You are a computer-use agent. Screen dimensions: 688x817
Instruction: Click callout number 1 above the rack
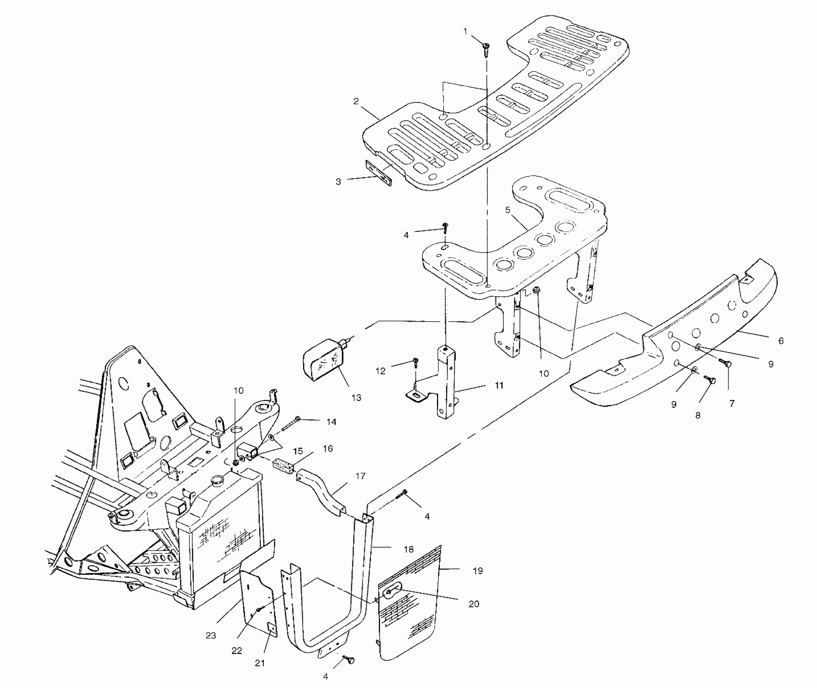click(x=465, y=31)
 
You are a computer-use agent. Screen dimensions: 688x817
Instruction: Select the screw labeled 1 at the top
click(x=486, y=50)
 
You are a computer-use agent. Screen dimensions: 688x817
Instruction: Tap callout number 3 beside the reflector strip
click(x=338, y=182)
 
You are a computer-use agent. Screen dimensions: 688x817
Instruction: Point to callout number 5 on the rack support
click(x=507, y=210)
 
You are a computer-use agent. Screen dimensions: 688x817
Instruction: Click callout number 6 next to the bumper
click(x=781, y=341)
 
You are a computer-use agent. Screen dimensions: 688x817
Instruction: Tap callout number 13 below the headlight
click(x=356, y=398)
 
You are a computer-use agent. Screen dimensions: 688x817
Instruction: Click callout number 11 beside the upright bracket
click(x=499, y=385)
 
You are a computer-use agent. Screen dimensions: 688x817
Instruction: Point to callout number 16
click(x=328, y=448)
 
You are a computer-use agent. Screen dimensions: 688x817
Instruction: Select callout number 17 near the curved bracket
click(x=360, y=476)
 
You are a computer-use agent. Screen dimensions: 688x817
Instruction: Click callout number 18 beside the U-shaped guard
click(x=409, y=549)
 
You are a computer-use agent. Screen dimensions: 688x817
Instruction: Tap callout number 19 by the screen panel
click(x=478, y=571)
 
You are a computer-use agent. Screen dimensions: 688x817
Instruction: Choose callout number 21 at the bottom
click(x=260, y=663)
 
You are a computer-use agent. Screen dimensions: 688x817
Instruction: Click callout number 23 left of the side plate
click(x=211, y=636)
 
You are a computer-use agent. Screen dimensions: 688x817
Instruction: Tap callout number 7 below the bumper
click(x=732, y=403)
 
